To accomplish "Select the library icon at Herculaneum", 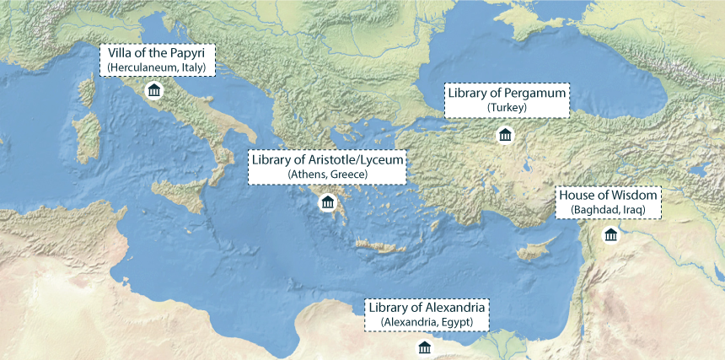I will [x=153, y=91].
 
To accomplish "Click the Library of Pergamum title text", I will [x=507, y=93].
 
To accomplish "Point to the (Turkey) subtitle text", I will [x=507, y=108].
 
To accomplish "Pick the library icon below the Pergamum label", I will [x=505, y=135].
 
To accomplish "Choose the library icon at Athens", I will [x=327, y=202].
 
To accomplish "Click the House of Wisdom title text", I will [x=608, y=195].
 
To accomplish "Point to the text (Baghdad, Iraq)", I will [x=608, y=209].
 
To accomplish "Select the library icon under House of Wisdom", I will [x=610, y=234].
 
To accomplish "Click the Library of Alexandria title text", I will [x=427, y=307].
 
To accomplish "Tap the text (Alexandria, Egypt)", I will [x=427, y=322].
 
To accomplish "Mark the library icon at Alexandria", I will [x=425, y=347].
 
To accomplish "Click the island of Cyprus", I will [x=533, y=252].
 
